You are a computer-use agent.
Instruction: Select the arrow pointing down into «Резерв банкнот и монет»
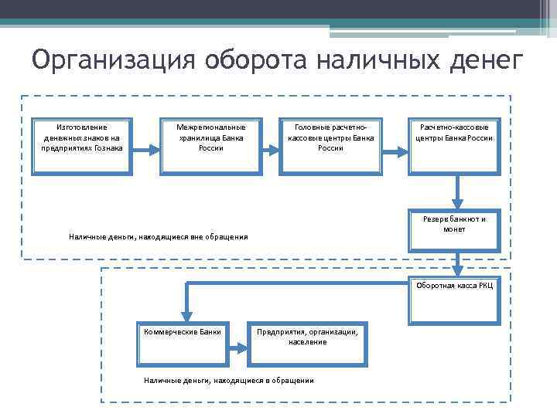point(457,191)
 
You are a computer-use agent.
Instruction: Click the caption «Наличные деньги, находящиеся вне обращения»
point(159,236)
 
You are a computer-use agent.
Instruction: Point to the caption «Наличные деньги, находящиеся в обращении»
point(229,380)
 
